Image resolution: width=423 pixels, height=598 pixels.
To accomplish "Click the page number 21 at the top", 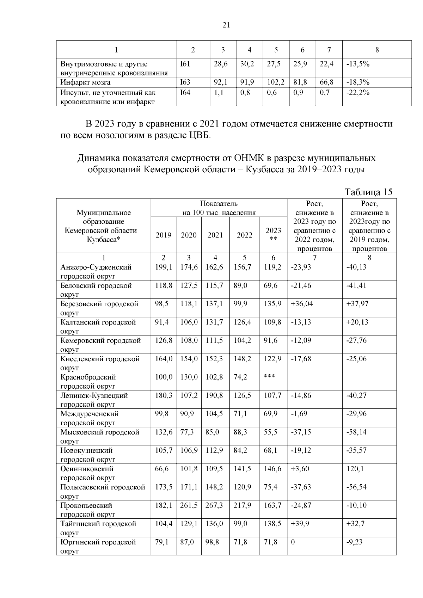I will pos(226,25).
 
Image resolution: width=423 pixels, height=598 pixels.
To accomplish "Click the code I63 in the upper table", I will pos(185,82).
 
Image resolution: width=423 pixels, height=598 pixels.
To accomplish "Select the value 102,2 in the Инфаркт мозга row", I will pos(276,82).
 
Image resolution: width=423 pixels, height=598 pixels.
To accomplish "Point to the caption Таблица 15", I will pos(368,192).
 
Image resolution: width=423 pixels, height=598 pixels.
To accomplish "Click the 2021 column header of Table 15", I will pos(215,235).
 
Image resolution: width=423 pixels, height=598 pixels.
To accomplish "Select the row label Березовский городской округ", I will pos(99,308).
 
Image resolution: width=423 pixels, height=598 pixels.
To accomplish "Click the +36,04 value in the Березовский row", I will pos(302,304).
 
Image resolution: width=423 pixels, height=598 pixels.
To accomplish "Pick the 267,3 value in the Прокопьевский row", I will pos(214,505).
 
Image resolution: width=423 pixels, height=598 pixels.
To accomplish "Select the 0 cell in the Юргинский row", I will pos(293,542).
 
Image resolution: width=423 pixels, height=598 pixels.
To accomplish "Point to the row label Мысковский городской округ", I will pos(100,436).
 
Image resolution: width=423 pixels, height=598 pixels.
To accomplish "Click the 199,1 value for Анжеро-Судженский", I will pos(164,267).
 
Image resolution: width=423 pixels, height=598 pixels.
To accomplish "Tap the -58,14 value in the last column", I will pos(356,432).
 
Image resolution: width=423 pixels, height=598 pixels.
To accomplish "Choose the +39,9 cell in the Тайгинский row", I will pos(301,524).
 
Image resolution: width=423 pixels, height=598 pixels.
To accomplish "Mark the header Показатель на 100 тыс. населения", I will pos(219,208).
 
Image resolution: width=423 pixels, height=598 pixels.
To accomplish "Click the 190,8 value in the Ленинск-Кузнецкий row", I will pos(214,395).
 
